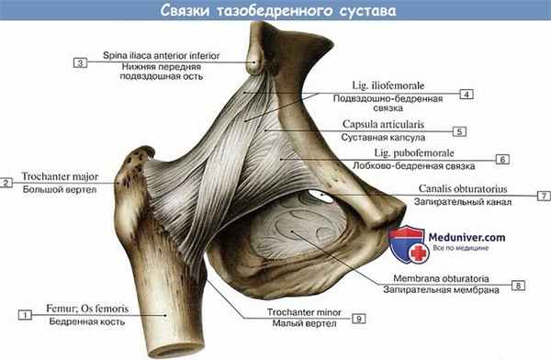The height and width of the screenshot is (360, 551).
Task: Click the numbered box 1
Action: pos(26,315)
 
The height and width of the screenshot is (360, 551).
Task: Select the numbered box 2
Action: pos(6,183)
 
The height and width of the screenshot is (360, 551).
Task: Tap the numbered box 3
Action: pos(80,62)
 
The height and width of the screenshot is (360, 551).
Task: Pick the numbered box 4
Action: pos(467,94)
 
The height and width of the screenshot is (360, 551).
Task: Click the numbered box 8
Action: pos(519,286)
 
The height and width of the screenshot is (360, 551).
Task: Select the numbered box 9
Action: pos(358,318)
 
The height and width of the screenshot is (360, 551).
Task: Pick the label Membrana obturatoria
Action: pos(447,277)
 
